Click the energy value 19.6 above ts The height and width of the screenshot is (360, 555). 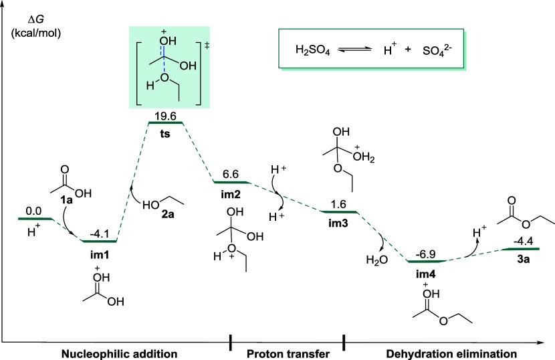click(165, 116)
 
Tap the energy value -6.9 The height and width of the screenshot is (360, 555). click(426, 254)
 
